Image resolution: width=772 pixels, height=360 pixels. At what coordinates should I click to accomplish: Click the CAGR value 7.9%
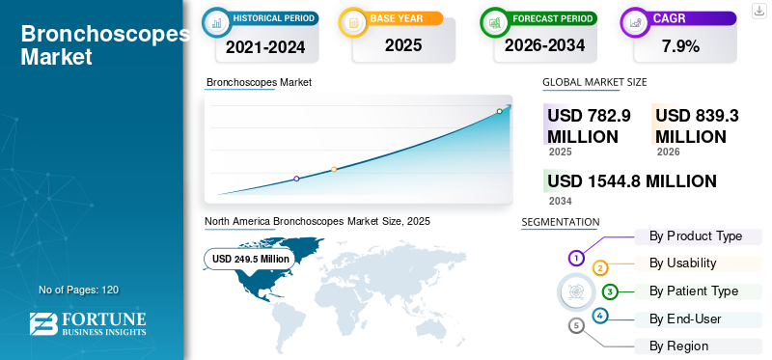tap(679, 45)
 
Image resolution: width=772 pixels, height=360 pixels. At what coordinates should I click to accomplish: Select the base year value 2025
tap(397, 45)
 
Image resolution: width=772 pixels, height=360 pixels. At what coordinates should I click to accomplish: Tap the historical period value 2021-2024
tap(264, 45)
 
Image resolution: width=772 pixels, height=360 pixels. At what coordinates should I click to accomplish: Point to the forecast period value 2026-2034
tap(544, 45)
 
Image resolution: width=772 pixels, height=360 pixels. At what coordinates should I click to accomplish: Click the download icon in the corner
tap(758, 10)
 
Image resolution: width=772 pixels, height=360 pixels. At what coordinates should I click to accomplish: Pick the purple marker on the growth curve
tap(296, 179)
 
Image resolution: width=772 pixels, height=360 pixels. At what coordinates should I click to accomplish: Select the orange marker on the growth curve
tap(334, 170)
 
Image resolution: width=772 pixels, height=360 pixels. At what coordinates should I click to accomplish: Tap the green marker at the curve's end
tap(499, 112)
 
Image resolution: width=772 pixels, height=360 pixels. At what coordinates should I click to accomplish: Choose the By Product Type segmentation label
tap(696, 236)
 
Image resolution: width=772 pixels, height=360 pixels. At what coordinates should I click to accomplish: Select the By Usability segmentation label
tap(682, 263)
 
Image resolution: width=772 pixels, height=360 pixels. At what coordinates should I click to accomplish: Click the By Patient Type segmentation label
tap(694, 291)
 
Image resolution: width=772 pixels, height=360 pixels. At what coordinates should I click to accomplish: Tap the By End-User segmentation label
tap(685, 318)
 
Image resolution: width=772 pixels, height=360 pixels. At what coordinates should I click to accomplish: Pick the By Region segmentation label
tap(678, 346)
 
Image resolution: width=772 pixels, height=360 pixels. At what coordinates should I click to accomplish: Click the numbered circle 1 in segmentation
tap(576, 258)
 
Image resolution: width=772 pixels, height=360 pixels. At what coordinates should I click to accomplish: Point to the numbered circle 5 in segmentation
tap(576, 325)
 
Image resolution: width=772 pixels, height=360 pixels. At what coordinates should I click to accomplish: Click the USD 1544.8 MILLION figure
tap(631, 181)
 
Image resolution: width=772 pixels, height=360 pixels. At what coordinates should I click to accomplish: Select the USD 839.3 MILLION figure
tap(697, 125)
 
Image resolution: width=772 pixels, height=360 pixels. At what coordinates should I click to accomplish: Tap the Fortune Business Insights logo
tap(88, 324)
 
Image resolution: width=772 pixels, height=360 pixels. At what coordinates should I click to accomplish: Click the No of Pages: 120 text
tap(78, 290)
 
